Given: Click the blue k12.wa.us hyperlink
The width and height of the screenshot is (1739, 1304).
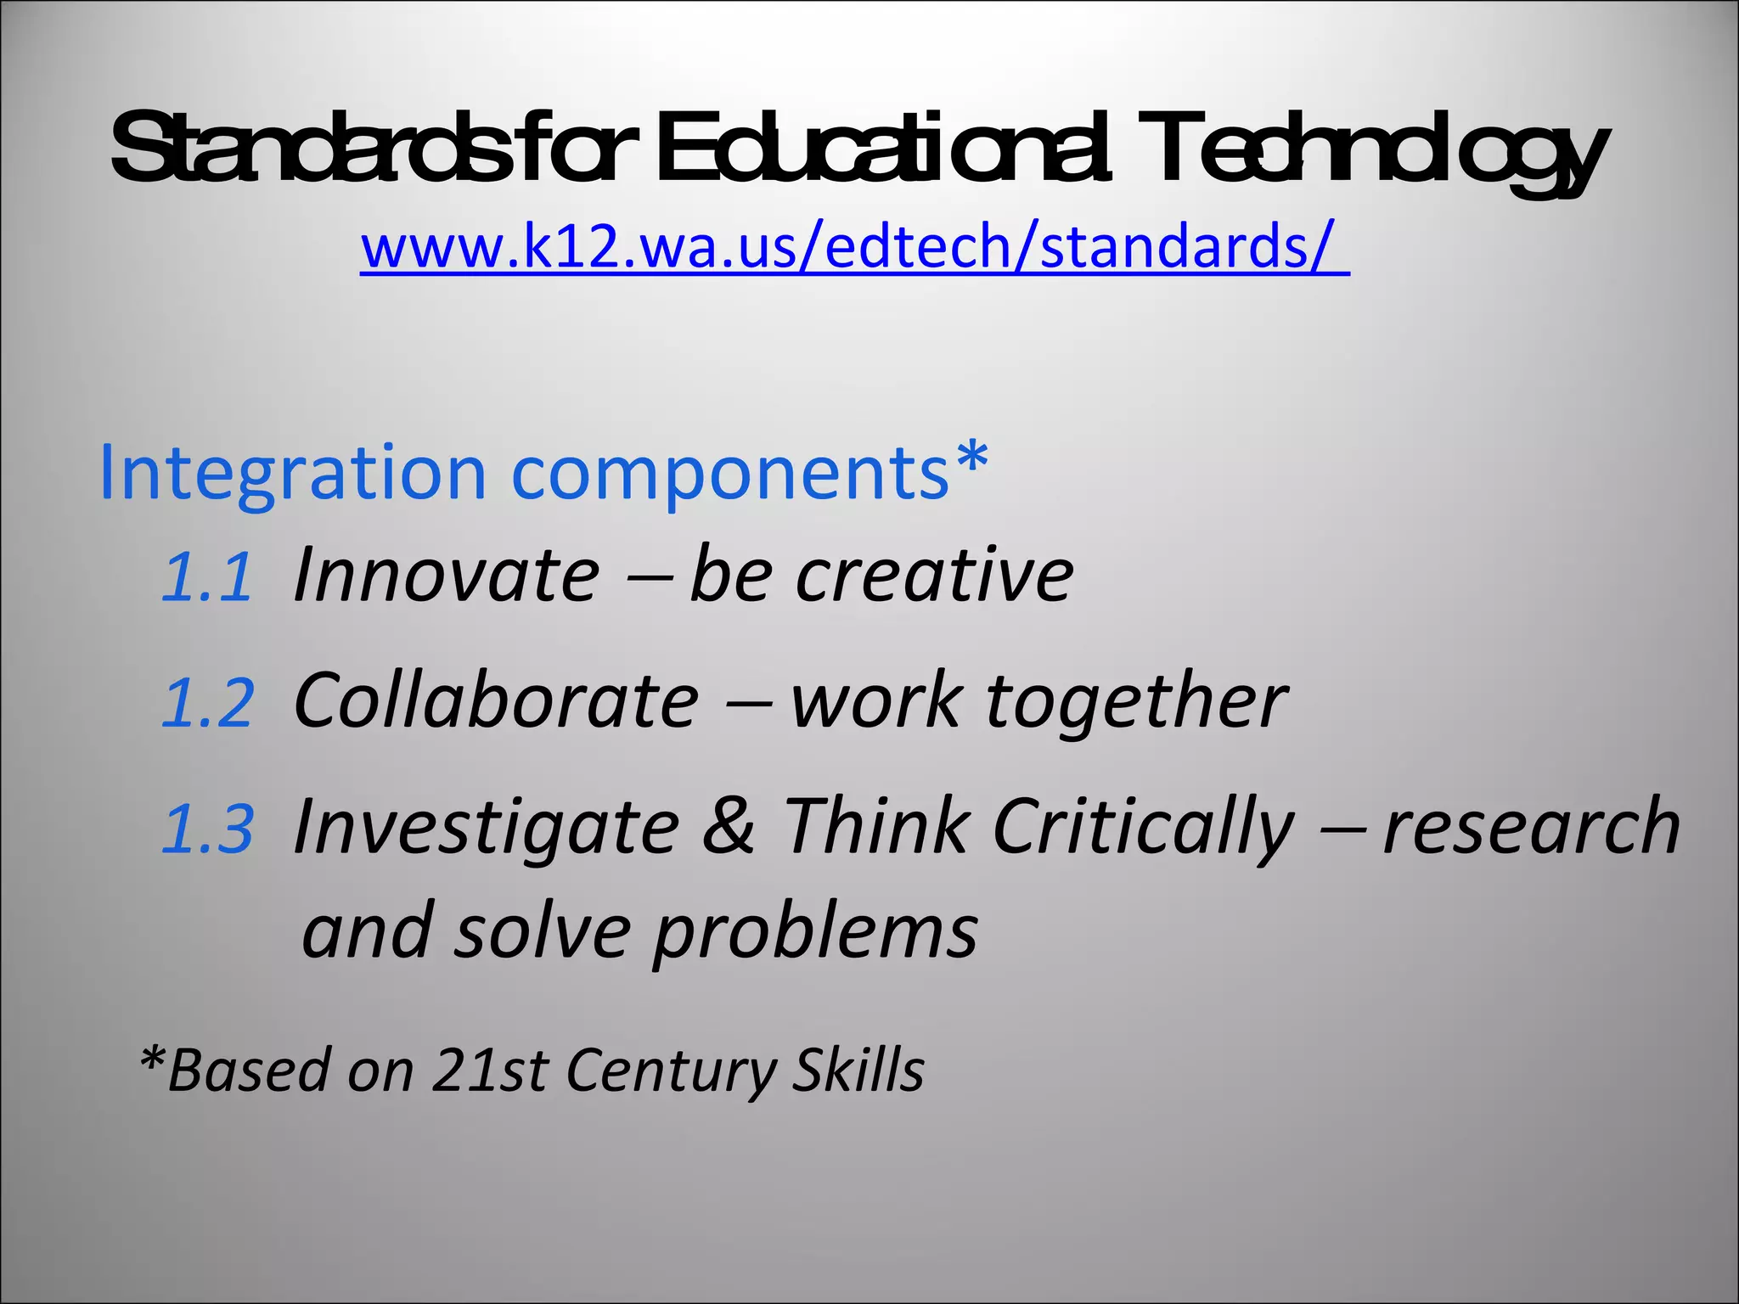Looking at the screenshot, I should click(x=853, y=247).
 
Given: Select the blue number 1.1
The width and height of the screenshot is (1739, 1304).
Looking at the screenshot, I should click(x=207, y=578).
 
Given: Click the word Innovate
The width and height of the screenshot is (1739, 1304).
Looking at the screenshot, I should click(x=447, y=576).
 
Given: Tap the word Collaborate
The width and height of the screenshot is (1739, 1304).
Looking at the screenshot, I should click(x=496, y=700).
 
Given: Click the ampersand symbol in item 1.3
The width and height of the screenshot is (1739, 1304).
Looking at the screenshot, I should click(x=729, y=825).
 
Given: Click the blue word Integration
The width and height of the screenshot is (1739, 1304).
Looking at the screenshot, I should click(x=293, y=472).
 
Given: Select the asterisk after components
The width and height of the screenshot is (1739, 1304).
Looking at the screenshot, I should click(x=971, y=458).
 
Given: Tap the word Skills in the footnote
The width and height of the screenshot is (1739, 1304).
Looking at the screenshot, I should click(x=858, y=1070).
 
